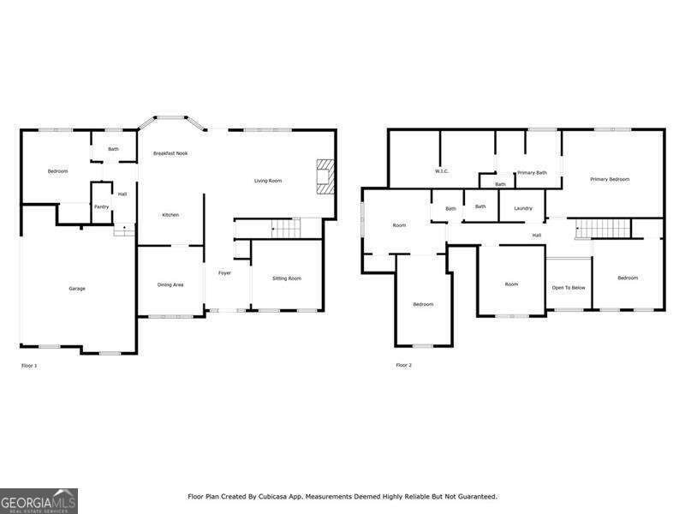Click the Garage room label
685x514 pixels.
77,289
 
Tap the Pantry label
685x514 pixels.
101,206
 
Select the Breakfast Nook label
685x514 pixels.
170,153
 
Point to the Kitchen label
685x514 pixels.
170,215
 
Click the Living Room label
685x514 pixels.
268,181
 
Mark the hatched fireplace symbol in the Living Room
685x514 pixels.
325,176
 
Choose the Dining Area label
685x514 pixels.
170,284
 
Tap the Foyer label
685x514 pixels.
224,273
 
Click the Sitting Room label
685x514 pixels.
287,278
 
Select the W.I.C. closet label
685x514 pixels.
442,171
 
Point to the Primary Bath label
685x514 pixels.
532,173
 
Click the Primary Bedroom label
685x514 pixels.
610,179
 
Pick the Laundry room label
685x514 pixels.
523,208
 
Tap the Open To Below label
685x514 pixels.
569,288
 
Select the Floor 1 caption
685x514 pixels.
29,366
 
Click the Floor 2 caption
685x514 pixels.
403,366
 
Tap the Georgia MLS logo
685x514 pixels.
39,500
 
